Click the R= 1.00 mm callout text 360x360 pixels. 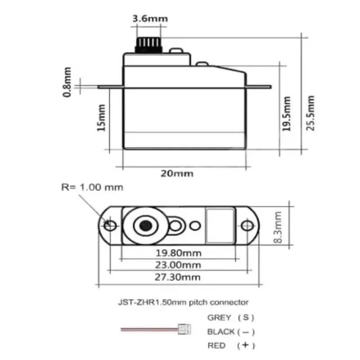(x=92, y=187)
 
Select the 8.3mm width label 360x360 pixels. (x=278, y=228)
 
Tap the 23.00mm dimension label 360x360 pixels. (x=179, y=265)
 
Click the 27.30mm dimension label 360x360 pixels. (x=179, y=277)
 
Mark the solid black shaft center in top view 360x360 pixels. (x=145, y=225)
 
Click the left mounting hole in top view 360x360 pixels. (x=109, y=225)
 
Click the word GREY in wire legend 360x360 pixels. (x=219, y=317)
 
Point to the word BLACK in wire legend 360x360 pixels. (x=221, y=332)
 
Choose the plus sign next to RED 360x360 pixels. (x=246, y=346)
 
